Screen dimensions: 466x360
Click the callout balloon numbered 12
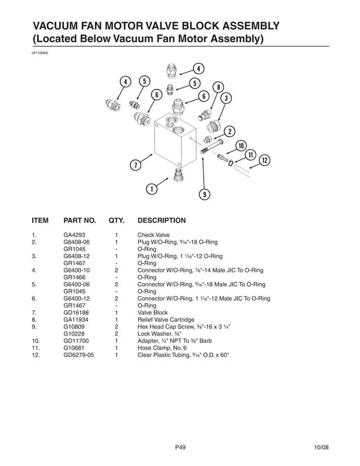click(x=263, y=161)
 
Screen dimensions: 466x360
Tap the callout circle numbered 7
click(x=135, y=165)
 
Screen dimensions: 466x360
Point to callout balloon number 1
click(x=151, y=189)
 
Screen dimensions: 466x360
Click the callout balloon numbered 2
click(x=230, y=132)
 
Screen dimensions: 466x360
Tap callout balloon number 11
click(x=252, y=155)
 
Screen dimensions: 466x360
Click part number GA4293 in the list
click(x=75, y=235)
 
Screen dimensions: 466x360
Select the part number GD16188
click(x=77, y=312)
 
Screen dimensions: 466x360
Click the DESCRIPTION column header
click(x=161, y=220)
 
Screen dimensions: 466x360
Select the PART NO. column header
click(x=80, y=220)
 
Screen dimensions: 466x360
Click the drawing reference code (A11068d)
click(x=40, y=52)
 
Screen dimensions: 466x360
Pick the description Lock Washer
click(x=158, y=334)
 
